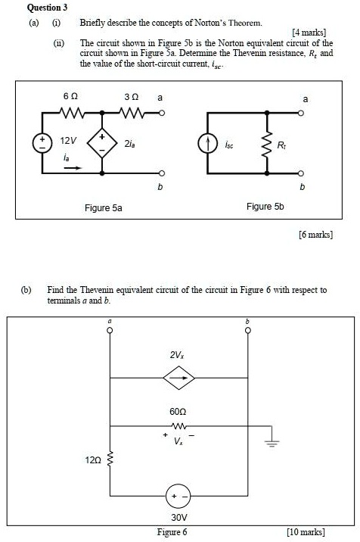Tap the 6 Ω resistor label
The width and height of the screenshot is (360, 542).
click(69, 98)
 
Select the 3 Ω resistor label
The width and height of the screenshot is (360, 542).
click(130, 98)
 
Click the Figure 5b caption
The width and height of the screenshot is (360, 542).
click(265, 206)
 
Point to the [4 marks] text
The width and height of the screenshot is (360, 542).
click(312, 33)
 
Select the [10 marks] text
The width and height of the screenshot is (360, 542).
click(306, 532)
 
